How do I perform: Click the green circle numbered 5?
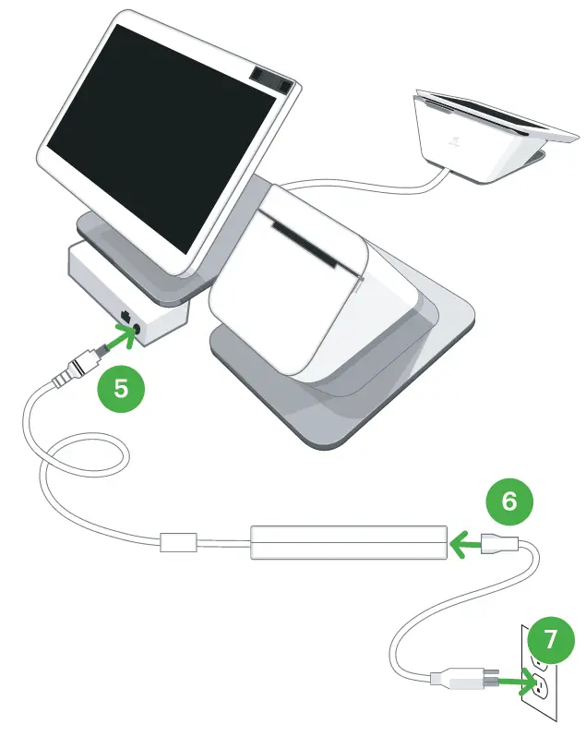[x=121, y=387]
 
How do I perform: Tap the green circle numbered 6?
[x=508, y=501]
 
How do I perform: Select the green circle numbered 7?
[x=549, y=639]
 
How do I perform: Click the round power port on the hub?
[x=138, y=328]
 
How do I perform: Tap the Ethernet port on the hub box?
[x=125, y=317]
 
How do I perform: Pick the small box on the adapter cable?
[x=179, y=541]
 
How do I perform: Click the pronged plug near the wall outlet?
[x=465, y=681]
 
